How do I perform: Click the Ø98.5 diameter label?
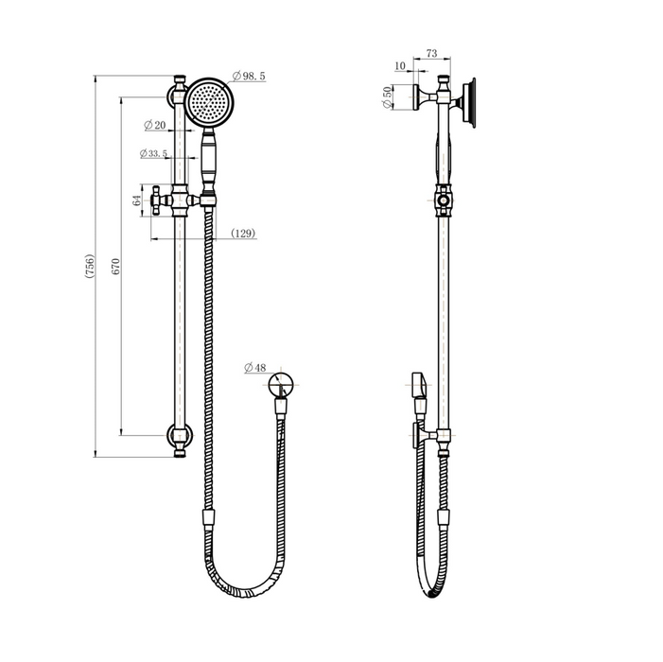249,76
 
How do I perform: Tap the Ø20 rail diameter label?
155,125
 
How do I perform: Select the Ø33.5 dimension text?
153,153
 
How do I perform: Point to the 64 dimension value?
137,200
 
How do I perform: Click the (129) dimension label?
244,234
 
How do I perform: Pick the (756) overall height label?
90,267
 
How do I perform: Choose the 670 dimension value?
116,267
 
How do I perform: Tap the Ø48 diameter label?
255,368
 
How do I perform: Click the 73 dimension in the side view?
431,54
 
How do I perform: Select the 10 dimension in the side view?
399,66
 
